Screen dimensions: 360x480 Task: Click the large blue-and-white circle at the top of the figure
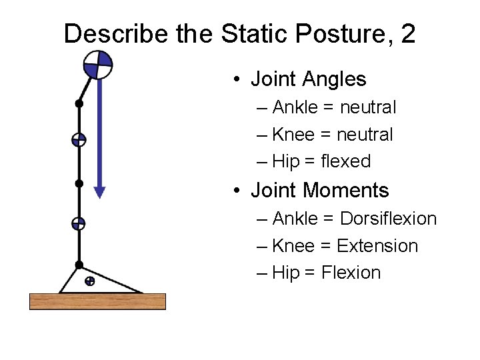click(x=98, y=65)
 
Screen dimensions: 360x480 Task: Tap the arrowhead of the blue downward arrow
click(x=99, y=192)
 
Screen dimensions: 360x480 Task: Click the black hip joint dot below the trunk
click(x=79, y=103)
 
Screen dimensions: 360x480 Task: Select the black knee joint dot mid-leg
click(x=79, y=183)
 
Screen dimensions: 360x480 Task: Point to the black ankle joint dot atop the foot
click(x=79, y=265)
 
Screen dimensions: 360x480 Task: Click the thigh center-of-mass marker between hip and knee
click(x=79, y=140)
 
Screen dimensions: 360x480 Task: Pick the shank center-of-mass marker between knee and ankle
click(x=79, y=224)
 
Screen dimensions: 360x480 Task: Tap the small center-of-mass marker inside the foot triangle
click(x=89, y=281)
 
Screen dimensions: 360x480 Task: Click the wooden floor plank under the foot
click(x=97, y=301)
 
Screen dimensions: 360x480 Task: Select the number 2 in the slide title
click(x=408, y=33)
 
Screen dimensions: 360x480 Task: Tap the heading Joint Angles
click(x=308, y=79)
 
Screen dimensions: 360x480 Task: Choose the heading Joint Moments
click(x=319, y=191)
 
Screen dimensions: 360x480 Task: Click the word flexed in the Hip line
click(x=345, y=161)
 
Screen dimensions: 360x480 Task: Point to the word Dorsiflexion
click(x=388, y=219)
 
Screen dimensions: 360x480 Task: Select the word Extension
click(x=377, y=246)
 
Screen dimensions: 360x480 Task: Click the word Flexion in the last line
click(x=351, y=273)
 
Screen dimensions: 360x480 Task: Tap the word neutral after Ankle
click(x=368, y=107)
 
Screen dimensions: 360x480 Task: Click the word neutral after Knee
click(x=365, y=135)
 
